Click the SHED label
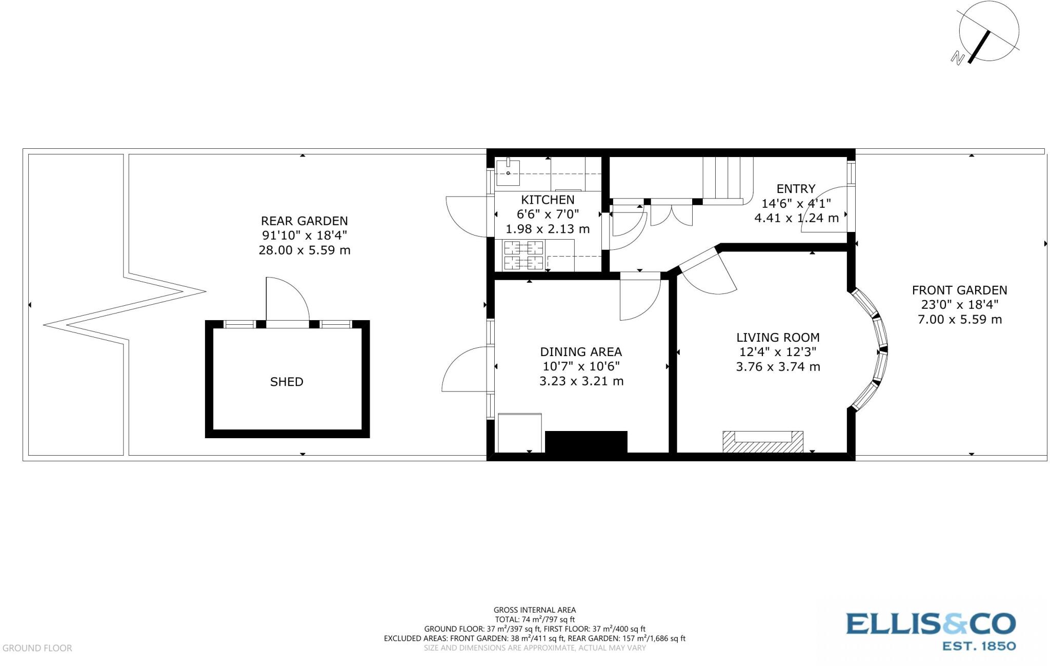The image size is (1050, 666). (x=287, y=382)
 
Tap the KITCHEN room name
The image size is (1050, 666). (x=548, y=200)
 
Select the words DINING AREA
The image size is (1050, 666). (x=581, y=352)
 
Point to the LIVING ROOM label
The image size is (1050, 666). (x=778, y=338)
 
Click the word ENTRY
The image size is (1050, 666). (x=796, y=189)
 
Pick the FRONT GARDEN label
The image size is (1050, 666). (x=959, y=290)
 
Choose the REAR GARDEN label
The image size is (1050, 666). (x=304, y=221)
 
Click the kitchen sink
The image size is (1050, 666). (x=508, y=173)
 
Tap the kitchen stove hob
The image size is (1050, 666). (x=523, y=255)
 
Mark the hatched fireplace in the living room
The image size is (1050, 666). (x=762, y=442)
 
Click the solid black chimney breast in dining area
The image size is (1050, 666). (x=585, y=442)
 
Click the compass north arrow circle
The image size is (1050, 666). (x=988, y=32)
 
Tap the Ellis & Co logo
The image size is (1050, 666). (x=930, y=631)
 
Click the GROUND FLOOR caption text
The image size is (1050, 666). (x=37, y=648)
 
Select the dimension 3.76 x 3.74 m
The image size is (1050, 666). (x=778, y=367)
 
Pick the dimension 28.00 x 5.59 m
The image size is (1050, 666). (x=304, y=250)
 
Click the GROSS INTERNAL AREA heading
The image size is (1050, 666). (x=534, y=610)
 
